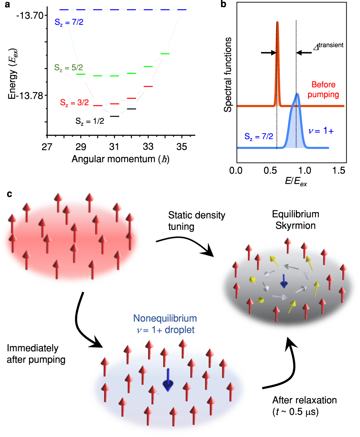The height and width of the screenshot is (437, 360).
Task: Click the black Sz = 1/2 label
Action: [x=90, y=121]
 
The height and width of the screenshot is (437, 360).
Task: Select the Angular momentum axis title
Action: [x=120, y=159]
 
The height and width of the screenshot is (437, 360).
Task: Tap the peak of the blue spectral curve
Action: [x=297, y=95]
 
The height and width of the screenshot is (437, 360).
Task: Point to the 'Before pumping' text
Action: [x=325, y=90]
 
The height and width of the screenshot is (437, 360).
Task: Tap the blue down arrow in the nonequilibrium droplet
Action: [x=168, y=380]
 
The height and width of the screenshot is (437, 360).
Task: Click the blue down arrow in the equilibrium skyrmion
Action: [x=284, y=280]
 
